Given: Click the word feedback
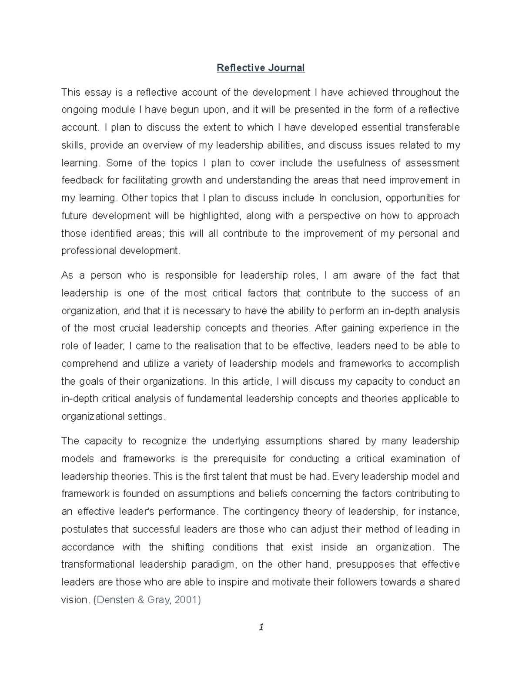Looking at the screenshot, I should click(81, 180).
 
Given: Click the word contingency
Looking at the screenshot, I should click(271, 512).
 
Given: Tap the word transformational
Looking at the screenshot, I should click(98, 565).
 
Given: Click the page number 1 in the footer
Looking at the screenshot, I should click(261, 639).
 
